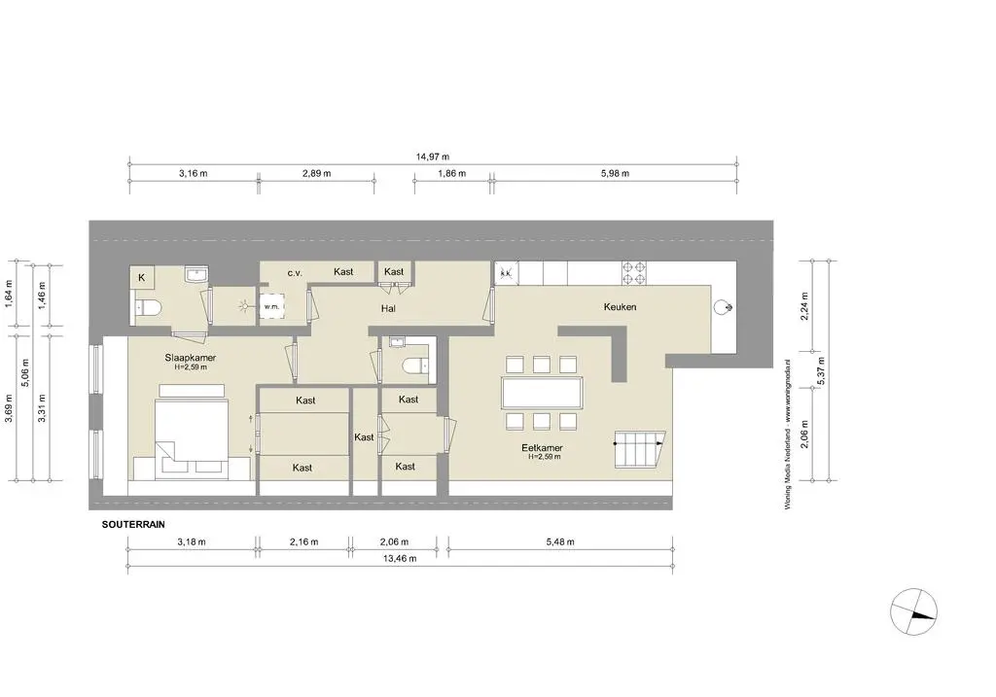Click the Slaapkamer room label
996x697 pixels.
coord(191,358)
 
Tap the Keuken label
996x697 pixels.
coord(620,306)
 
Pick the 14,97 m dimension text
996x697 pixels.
coord(432,156)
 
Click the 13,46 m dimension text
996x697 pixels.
coord(399,559)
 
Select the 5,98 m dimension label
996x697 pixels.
coord(614,173)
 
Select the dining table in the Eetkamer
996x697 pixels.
coord(542,393)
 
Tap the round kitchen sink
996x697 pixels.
coord(723,307)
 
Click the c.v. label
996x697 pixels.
coord(296,273)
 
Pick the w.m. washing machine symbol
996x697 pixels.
coord(271,306)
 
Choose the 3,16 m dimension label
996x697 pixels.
coord(193,173)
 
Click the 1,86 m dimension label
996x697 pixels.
coord(451,173)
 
